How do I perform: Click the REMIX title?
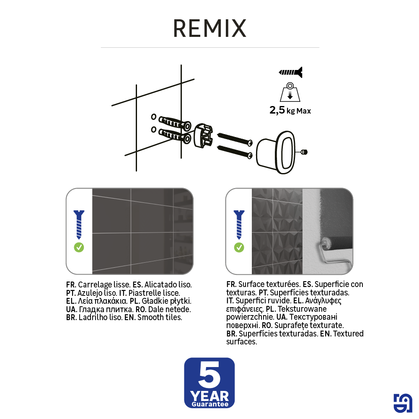(210, 28)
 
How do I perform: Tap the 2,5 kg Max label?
(290, 110)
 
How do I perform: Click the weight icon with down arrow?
(290, 92)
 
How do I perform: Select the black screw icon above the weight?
(290, 72)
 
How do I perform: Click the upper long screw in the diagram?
(235, 139)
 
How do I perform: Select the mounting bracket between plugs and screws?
(203, 135)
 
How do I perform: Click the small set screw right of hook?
(304, 152)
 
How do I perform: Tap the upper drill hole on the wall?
(154, 117)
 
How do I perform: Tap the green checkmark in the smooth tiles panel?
(79, 247)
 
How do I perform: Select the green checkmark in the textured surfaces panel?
(239, 247)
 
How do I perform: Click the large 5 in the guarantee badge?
(209, 374)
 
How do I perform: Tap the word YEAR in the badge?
(209, 396)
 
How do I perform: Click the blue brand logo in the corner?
(403, 403)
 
